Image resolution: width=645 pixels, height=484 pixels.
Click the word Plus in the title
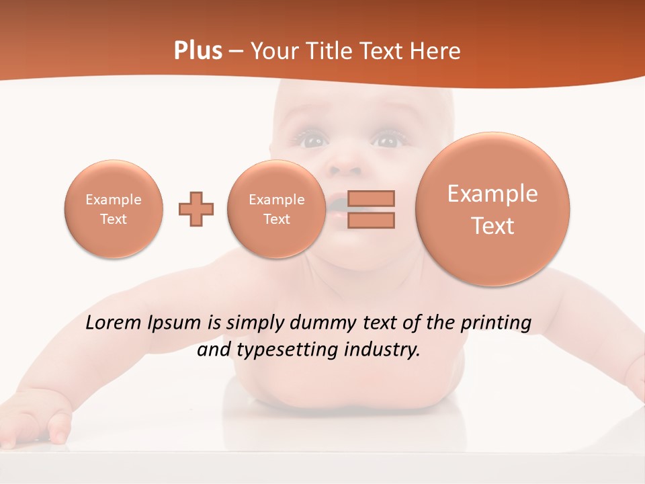point(198,51)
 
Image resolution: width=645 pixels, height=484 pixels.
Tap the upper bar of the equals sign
point(371,198)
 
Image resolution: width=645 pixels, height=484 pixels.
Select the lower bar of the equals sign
point(371,220)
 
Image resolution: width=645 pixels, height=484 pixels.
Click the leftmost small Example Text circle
point(114,209)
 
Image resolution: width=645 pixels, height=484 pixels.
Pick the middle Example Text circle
point(277,209)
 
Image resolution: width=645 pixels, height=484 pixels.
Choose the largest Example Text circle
point(492,208)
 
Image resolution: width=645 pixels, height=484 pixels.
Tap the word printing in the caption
point(496,323)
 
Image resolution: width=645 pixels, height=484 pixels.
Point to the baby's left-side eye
point(314,140)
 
